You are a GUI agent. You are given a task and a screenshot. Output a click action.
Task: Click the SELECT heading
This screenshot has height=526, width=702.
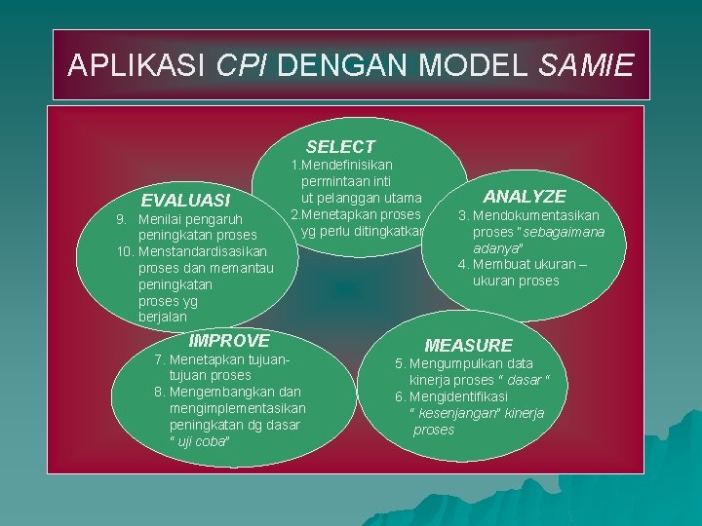tap(340, 147)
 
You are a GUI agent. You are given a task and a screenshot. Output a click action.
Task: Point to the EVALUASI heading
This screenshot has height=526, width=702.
tap(185, 201)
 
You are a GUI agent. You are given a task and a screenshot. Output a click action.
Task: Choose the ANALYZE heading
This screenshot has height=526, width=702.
tap(525, 197)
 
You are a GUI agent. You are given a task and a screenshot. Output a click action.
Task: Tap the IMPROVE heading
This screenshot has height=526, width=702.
tap(229, 341)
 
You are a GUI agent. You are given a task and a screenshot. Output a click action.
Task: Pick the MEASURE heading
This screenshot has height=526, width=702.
tap(468, 346)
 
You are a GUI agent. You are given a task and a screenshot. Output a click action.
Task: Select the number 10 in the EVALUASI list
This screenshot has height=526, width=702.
tap(124, 251)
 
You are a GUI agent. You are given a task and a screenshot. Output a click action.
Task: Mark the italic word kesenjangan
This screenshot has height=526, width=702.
tap(464, 413)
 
